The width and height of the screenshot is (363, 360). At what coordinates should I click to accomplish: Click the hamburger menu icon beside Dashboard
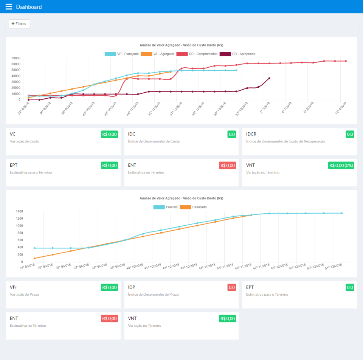click(9, 7)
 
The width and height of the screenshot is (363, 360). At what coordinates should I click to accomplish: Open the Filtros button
click(19, 23)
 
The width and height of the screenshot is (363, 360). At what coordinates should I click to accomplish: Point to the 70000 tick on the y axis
click(16, 58)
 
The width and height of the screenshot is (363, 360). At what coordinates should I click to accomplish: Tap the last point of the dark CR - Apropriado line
click(269, 78)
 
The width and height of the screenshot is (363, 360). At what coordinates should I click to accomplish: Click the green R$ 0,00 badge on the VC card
click(110, 134)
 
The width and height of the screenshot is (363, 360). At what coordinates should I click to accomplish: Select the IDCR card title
click(251, 134)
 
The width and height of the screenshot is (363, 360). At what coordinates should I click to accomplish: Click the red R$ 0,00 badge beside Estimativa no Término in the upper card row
click(228, 165)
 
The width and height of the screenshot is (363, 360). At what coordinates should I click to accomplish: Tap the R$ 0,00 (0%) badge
click(341, 165)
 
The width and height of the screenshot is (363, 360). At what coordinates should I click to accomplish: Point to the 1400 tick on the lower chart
click(19, 211)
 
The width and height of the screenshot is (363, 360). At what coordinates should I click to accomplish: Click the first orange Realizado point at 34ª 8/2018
click(34, 258)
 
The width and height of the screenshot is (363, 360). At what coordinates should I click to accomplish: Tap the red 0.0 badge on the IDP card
click(232, 287)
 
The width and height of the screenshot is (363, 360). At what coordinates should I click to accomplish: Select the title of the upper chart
click(181, 45)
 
